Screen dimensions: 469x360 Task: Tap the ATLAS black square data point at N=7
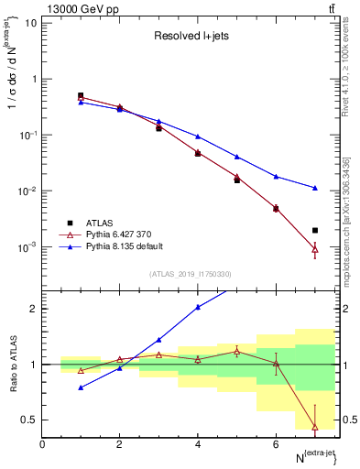point(314,231)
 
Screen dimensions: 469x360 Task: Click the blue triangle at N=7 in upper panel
point(314,188)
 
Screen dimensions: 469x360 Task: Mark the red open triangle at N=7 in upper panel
point(314,248)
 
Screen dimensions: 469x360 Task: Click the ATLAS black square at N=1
point(81,95)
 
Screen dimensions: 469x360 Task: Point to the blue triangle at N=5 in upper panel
point(236,157)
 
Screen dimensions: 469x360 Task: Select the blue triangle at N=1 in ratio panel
point(81,387)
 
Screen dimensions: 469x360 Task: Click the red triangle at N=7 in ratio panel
point(314,426)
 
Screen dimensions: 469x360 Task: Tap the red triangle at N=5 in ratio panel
point(236,351)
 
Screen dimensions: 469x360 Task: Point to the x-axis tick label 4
point(198,444)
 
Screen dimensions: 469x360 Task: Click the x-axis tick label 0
point(42,444)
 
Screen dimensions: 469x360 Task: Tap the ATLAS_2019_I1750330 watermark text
point(191,274)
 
